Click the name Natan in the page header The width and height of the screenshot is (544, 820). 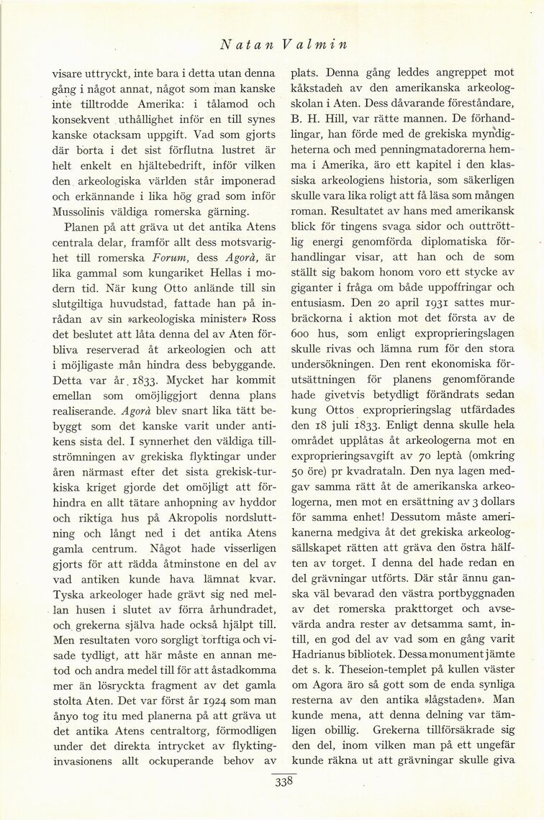point(241,43)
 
